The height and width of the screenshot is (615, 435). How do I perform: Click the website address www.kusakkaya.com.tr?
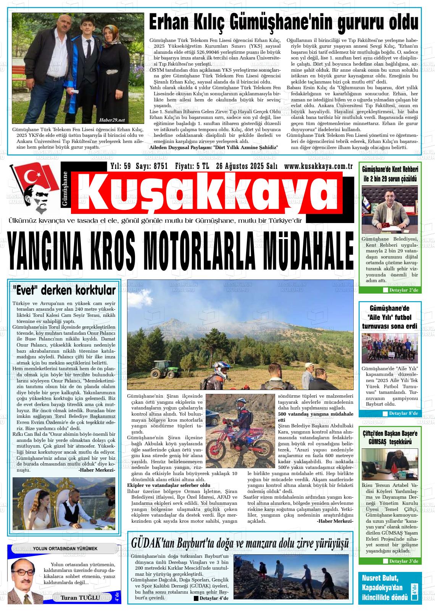pyautogui.click(x=318, y=166)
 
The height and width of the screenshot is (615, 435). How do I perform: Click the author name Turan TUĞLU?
pyautogui.click(x=80, y=597)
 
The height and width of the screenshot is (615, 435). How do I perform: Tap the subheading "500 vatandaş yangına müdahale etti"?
pyautogui.click(x=316, y=416)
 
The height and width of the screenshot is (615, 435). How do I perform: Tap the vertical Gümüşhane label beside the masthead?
pyautogui.click(x=65, y=189)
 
